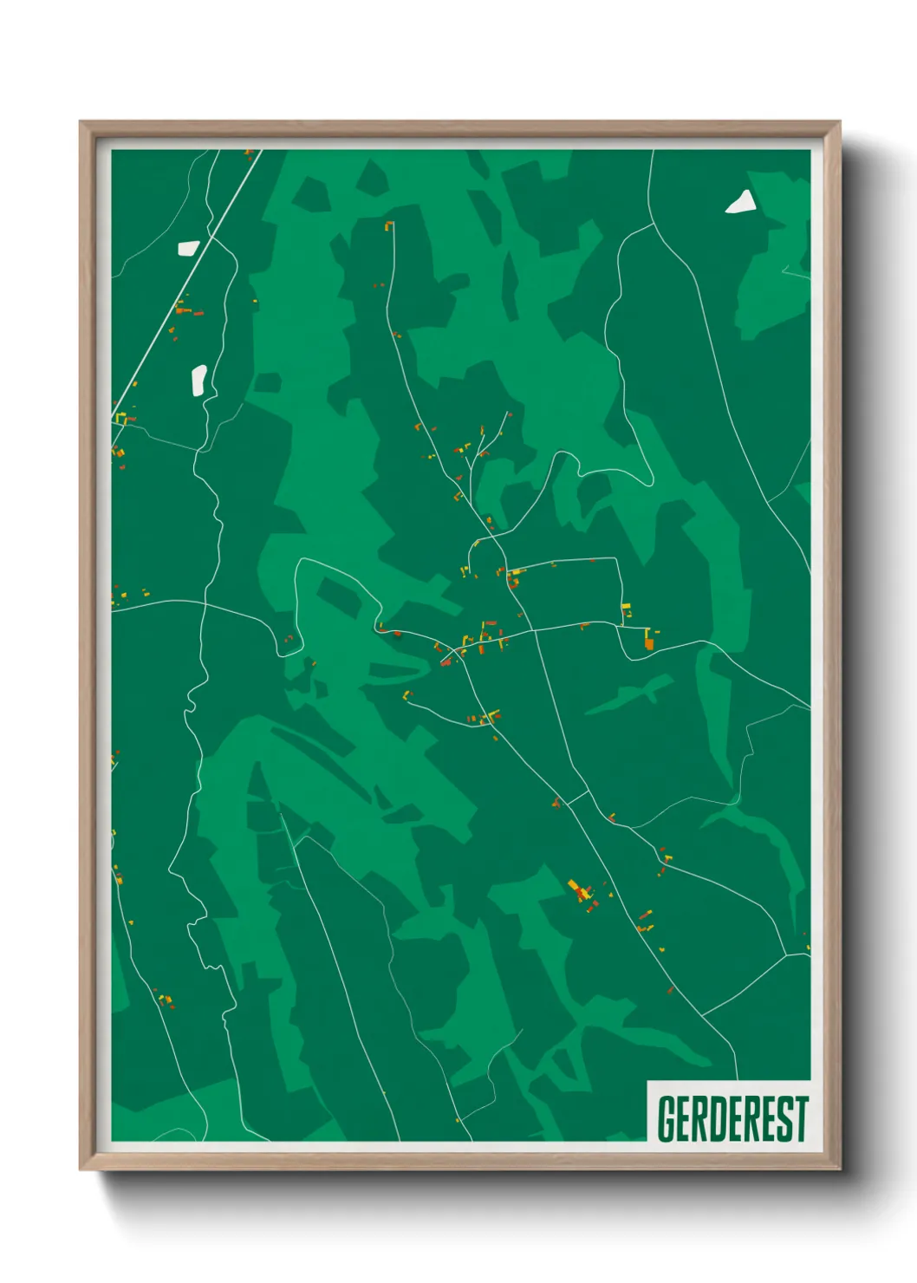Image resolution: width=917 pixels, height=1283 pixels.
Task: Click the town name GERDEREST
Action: [732, 1118]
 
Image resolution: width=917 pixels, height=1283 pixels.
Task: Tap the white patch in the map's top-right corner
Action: [742, 203]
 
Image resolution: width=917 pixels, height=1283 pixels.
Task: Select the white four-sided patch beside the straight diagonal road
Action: [189, 248]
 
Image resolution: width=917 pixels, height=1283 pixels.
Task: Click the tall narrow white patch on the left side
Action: [198, 380]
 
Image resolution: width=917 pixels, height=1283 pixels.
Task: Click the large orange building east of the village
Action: [648, 643]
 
